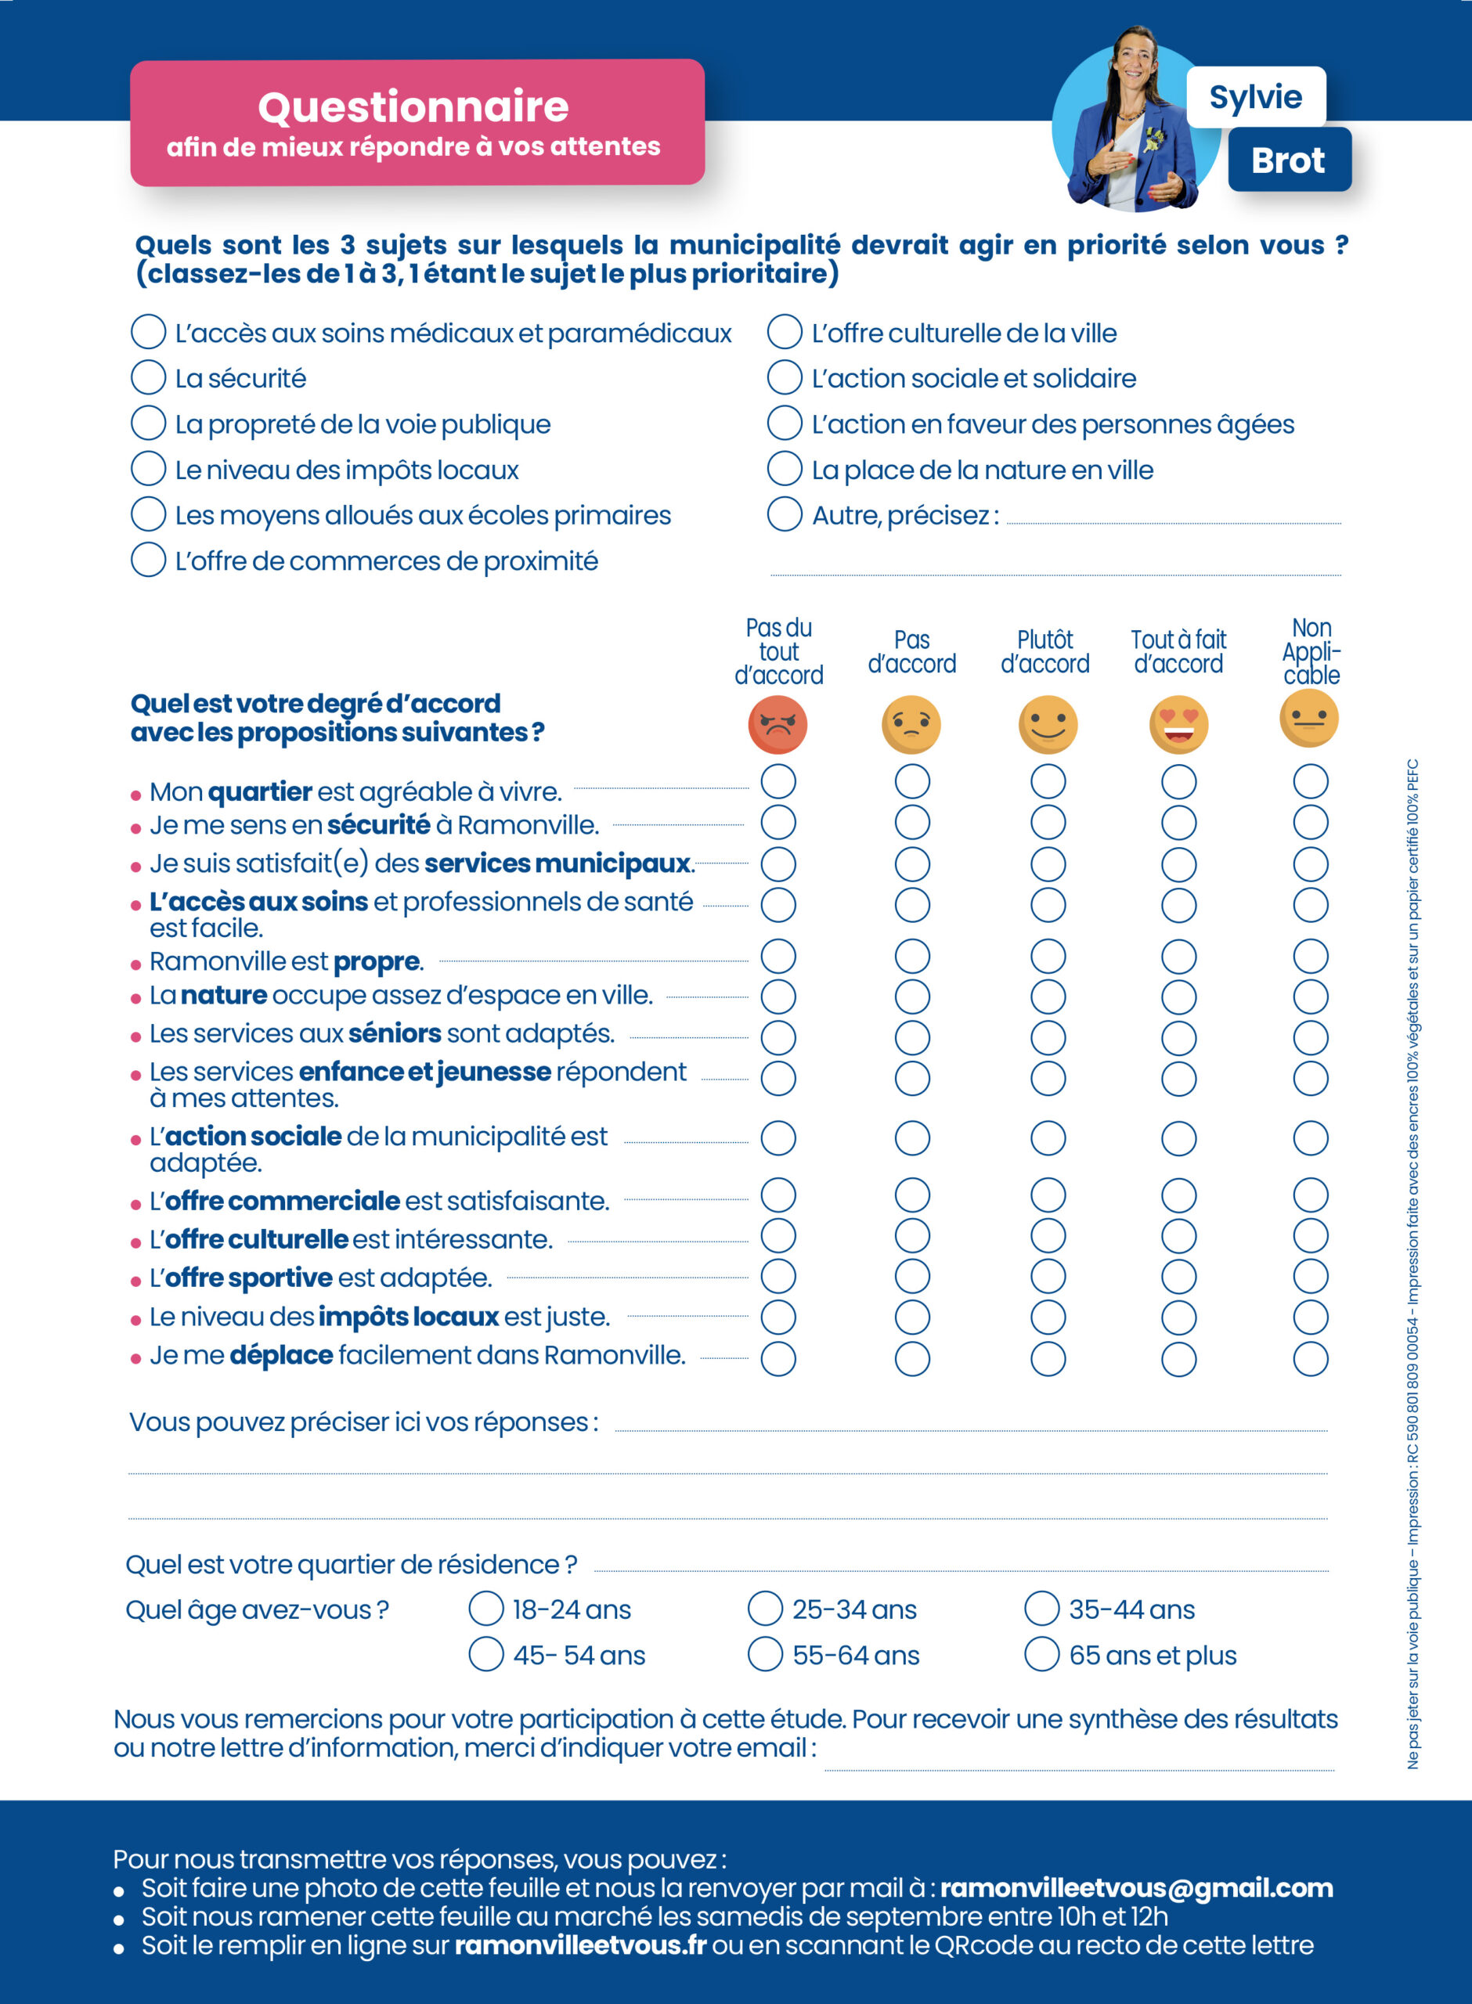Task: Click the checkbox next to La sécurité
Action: pos(148,377)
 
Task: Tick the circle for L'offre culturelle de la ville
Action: pos(784,331)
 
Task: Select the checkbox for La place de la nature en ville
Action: pos(784,467)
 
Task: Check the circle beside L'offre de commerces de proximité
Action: pos(148,560)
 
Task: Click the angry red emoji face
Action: pos(777,724)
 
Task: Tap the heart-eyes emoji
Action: pos(1179,724)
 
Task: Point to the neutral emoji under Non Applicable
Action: pos(1309,718)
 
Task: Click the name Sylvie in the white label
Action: pos(1255,96)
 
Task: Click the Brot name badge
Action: pos(1290,160)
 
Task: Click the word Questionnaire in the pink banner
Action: pos(413,107)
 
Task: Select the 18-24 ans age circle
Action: pos(485,1608)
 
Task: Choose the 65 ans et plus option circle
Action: pos(1041,1653)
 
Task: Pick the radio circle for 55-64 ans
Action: pos(764,1653)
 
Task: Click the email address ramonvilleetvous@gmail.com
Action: pos(1136,1887)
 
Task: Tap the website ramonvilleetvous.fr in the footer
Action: pos(580,1945)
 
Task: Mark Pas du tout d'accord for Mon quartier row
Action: pos(777,781)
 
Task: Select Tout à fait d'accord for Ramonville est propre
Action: pos(1179,956)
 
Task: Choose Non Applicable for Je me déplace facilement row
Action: pos(1311,1358)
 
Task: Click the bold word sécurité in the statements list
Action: pos(379,825)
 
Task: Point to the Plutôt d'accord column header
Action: pos(1045,651)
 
